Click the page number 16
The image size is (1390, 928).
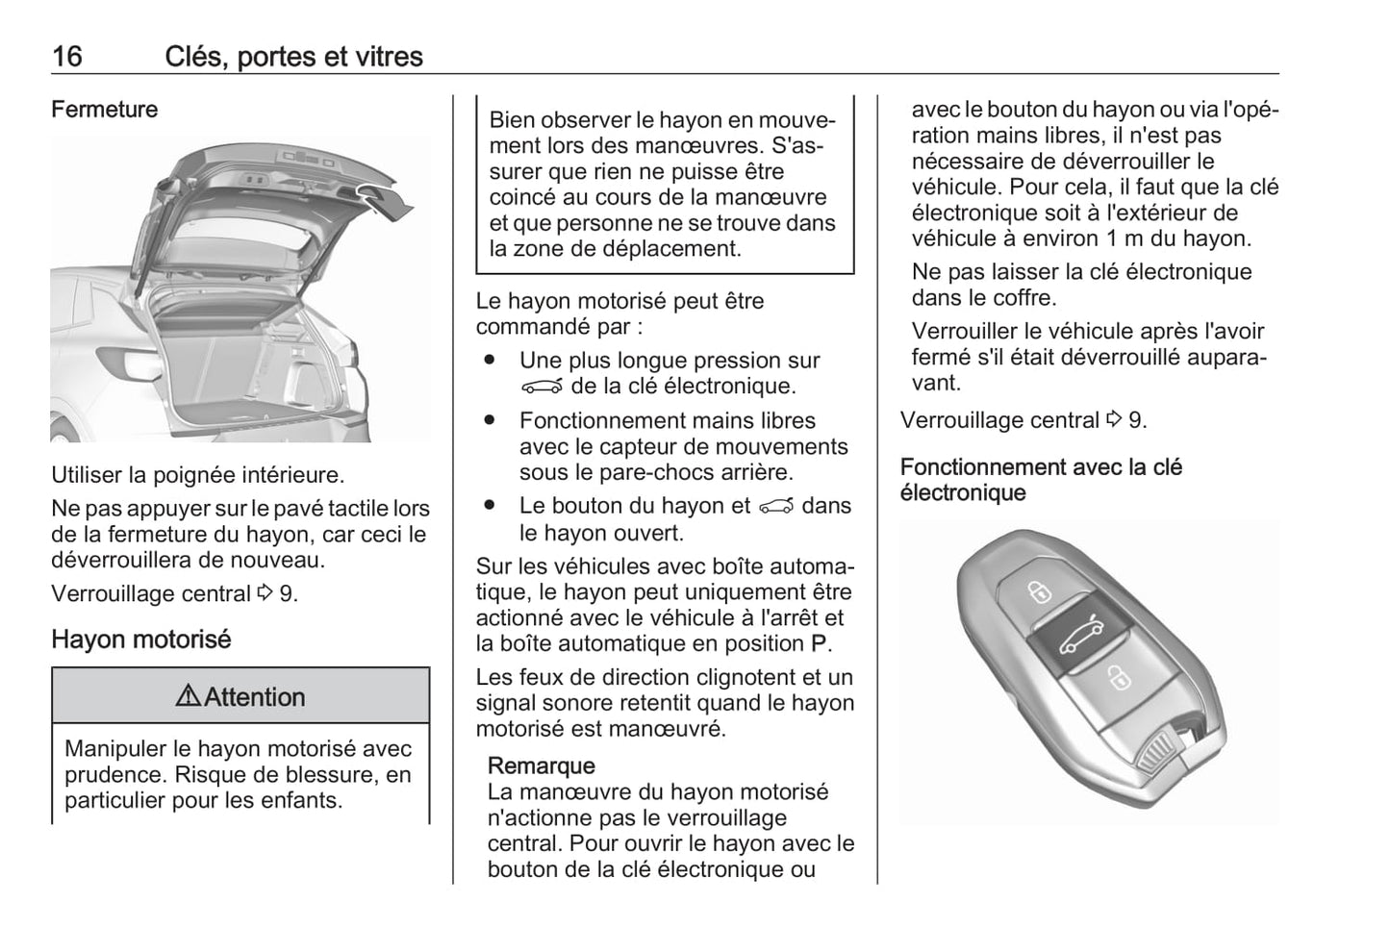tap(66, 56)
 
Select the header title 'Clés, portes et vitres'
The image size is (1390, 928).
tap(293, 56)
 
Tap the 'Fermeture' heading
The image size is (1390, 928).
tap(104, 110)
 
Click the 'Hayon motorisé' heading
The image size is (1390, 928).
tap(141, 640)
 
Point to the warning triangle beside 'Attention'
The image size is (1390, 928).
tap(188, 696)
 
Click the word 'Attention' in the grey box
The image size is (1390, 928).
tap(255, 697)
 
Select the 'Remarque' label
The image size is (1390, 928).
tap(541, 765)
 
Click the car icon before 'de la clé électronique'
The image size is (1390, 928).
tap(541, 387)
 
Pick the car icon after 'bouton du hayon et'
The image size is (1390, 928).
tap(776, 507)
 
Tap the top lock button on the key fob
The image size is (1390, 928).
tap(1040, 589)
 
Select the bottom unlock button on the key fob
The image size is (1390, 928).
tap(1119, 678)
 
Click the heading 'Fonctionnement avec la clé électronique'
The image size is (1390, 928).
tap(1041, 480)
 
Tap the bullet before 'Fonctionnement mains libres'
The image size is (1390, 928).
tap(490, 420)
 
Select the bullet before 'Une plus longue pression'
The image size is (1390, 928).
tap(490, 360)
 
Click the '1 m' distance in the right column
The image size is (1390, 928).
tap(1124, 238)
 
